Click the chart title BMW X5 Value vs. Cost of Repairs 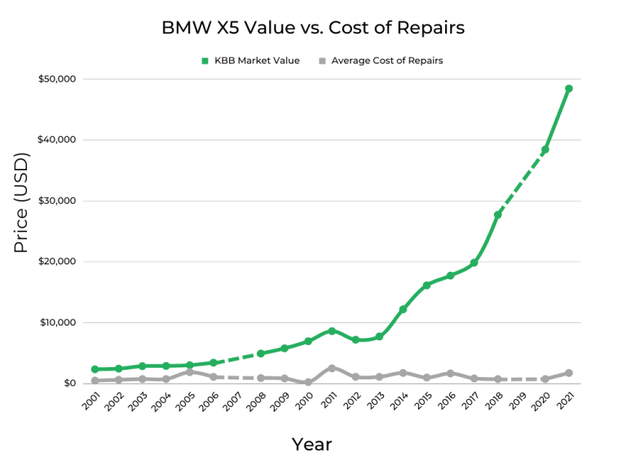(x=313, y=27)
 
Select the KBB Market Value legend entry (x=250, y=60)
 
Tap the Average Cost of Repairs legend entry (x=380, y=60)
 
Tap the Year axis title (x=312, y=445)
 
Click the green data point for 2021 (x=569, y=88)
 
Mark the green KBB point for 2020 (x=545, y=149)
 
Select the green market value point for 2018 (x=498, y=215)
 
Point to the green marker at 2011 (x=332, y=330)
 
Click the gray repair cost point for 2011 (x=332, y=368)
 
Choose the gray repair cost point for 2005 (x=189, y=371)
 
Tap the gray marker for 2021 (x=569, y=373)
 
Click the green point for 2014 (x=403, y=309)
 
